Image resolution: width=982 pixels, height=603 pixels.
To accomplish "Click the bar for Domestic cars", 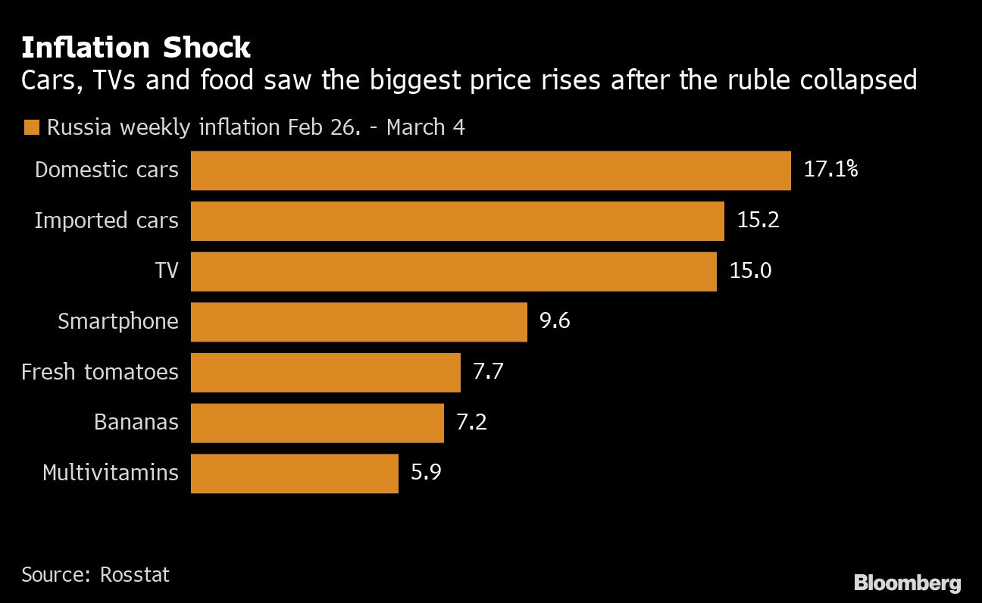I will click(490, 170).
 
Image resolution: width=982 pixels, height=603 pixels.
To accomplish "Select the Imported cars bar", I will click(457, 220).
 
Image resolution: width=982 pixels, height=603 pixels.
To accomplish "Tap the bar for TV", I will click(453, 271).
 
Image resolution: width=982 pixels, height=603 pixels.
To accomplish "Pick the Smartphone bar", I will click(358, 321).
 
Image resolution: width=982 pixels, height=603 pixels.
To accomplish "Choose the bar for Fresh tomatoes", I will click(325, 372).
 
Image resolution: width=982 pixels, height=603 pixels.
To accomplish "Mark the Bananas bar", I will click(317, 423).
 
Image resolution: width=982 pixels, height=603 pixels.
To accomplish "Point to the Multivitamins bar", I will click(294, 473).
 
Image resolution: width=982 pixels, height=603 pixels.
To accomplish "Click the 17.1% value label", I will click(830, 170).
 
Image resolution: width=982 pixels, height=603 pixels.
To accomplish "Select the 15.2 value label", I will click(758, 220).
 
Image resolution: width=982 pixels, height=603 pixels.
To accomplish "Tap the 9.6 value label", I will click(554, 321).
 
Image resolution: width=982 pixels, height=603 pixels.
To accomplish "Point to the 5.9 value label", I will click(425, 473).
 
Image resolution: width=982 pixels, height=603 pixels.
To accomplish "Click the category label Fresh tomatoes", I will click(100, 372).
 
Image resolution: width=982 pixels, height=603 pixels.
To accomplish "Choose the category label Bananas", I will click(136, 423).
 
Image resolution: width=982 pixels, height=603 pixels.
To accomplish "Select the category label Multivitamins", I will click(111, 473).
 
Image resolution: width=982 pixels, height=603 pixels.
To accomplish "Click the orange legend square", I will click(31, 128).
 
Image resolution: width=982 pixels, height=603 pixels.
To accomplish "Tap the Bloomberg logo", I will click(907, 583).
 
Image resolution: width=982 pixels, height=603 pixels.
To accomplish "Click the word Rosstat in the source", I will click(135, 575).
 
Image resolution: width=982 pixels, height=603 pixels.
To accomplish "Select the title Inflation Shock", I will click(136, 48).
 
